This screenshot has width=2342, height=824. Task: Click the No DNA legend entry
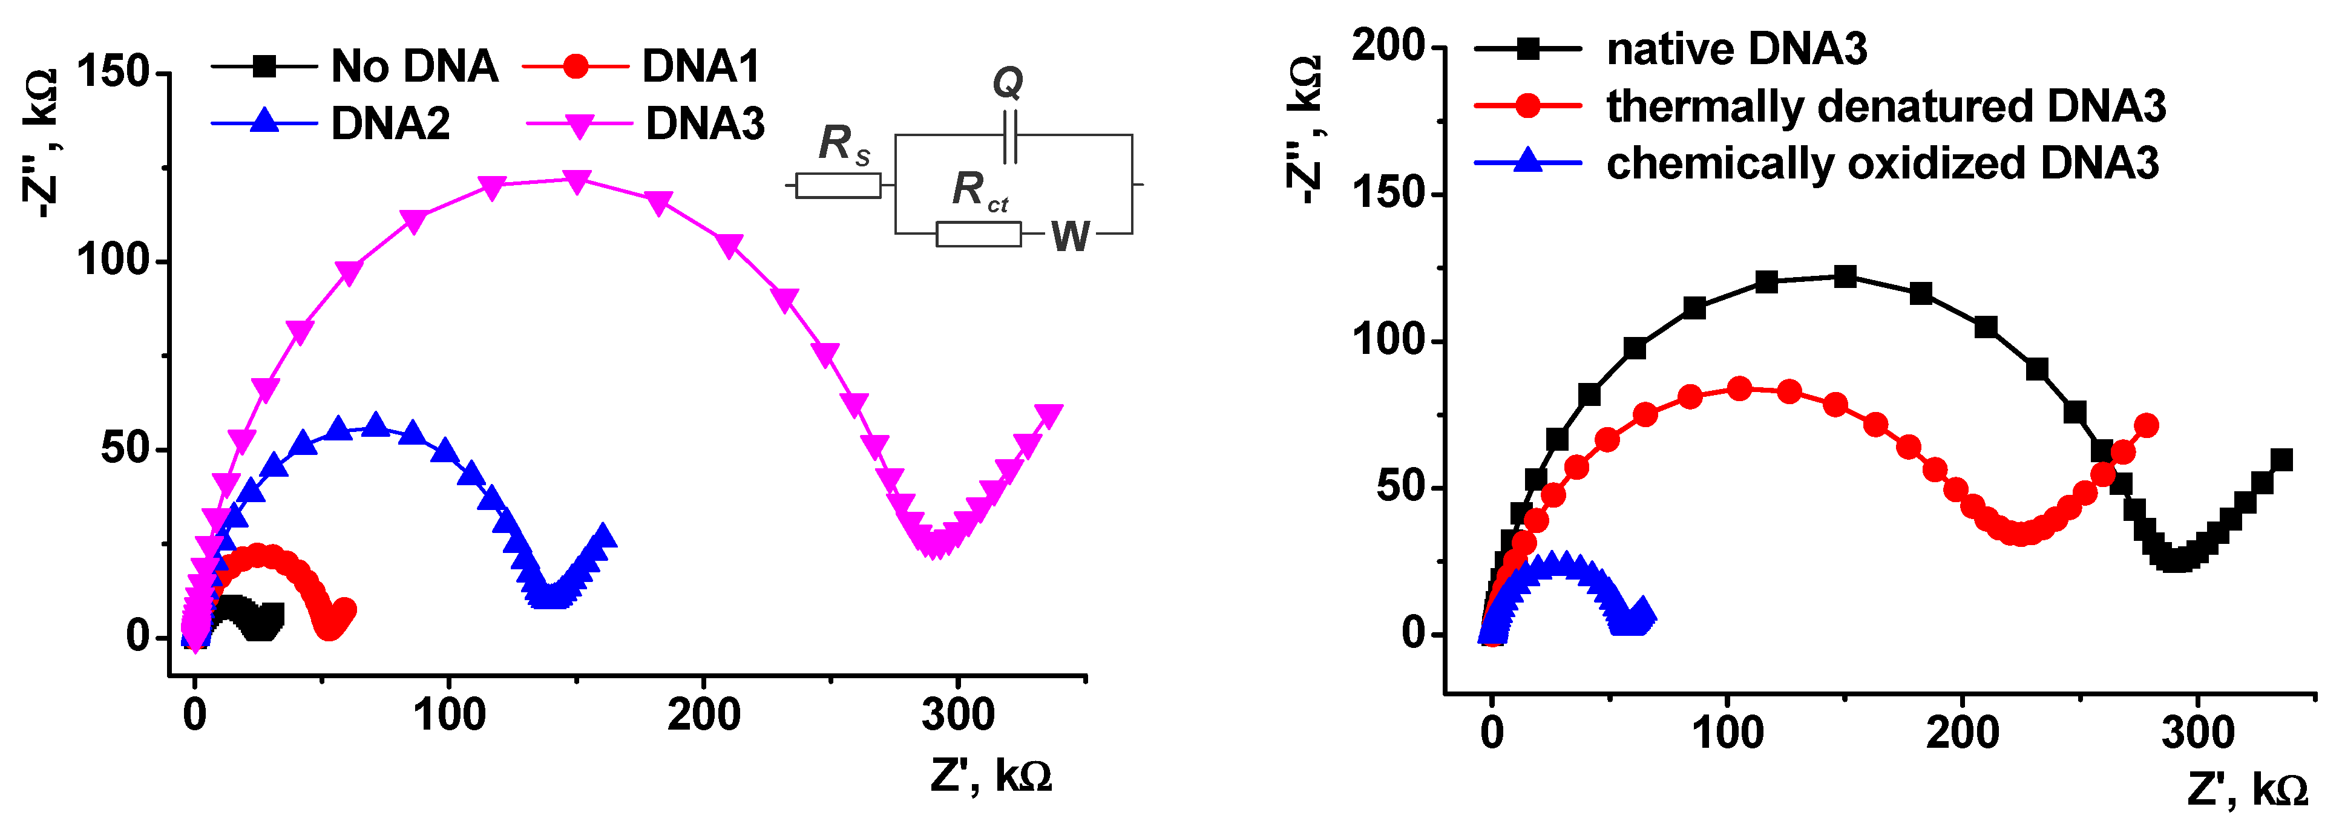[x=414, y=67]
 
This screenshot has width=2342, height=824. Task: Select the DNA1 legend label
[x=700, y=67]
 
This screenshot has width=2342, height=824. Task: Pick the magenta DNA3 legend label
[x=704, y=123]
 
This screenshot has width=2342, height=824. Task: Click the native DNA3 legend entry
[x=1736, y=49]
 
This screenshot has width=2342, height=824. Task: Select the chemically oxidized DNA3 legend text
[x=1882, y=163]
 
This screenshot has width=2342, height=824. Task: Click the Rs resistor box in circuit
[x=838, y=185]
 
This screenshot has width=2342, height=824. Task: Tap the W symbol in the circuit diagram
[x=1070, y=236]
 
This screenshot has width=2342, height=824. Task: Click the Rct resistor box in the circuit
[x=979, y=234]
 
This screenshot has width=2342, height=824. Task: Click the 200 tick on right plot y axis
[x=1388, y=45]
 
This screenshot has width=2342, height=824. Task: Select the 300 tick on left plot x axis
[x=957, y=715]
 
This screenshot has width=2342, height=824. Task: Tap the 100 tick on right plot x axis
[x=1727, y=733]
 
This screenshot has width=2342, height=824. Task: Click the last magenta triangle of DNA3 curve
[x=1048, y=415]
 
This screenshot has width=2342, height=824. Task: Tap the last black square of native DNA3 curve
[x=2281, y=460]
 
